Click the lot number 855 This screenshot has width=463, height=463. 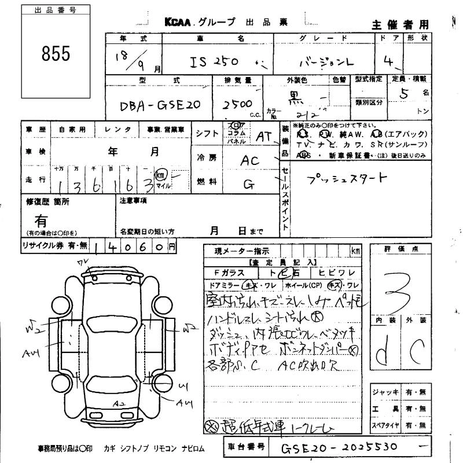(x=56, y=54)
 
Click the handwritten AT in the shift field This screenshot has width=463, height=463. (x=264, y=137)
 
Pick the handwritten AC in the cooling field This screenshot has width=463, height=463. (x=251, y=160)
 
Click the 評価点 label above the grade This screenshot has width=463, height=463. (x=401, y=249)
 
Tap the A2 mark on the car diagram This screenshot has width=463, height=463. (x=120, y=403)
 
